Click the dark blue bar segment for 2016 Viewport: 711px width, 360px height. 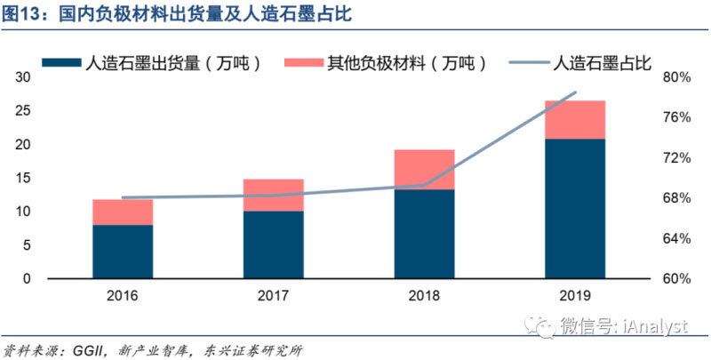point(123,252)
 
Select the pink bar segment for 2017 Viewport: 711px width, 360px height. point(274,195)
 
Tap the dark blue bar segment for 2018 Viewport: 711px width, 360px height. point(425,234)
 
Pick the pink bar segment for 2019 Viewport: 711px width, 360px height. point(575,120)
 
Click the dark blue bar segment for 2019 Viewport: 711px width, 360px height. point(575,209)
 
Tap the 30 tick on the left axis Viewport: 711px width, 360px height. point(24,77)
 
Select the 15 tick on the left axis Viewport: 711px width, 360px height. point(24,178)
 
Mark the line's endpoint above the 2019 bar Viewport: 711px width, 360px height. point(575,92)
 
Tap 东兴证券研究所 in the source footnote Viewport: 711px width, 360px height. point(257,349)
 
